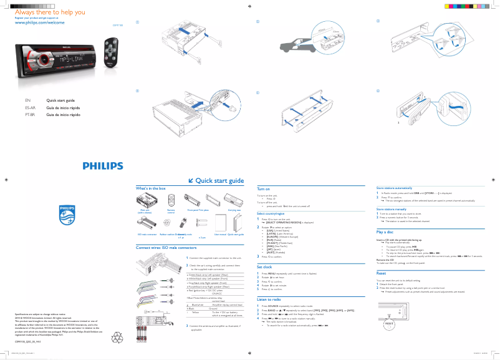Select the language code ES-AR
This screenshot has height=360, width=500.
click(21, 107)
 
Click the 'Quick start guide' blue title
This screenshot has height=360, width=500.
click(219, 181)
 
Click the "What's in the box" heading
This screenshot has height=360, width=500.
click(151, 188)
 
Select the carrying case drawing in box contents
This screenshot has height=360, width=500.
click(235, 200)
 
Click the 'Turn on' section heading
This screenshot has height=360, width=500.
click(264, 188)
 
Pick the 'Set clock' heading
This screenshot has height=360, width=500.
click(265, 266)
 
